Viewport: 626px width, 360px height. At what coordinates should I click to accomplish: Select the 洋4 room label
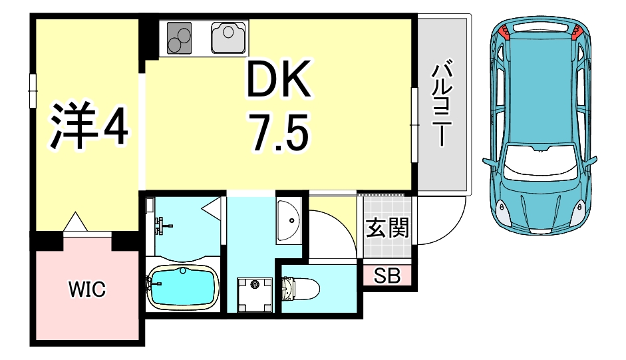pos(88,124)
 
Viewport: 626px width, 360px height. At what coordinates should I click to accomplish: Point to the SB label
pos(387,276)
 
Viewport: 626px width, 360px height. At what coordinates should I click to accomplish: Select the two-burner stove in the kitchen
pos(178,37)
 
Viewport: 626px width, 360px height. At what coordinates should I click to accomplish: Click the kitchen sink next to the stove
pos(229,37)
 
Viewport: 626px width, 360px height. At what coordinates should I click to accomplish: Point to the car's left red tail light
pos(506,30)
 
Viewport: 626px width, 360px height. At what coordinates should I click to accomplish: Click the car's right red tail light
pos(576,30)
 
